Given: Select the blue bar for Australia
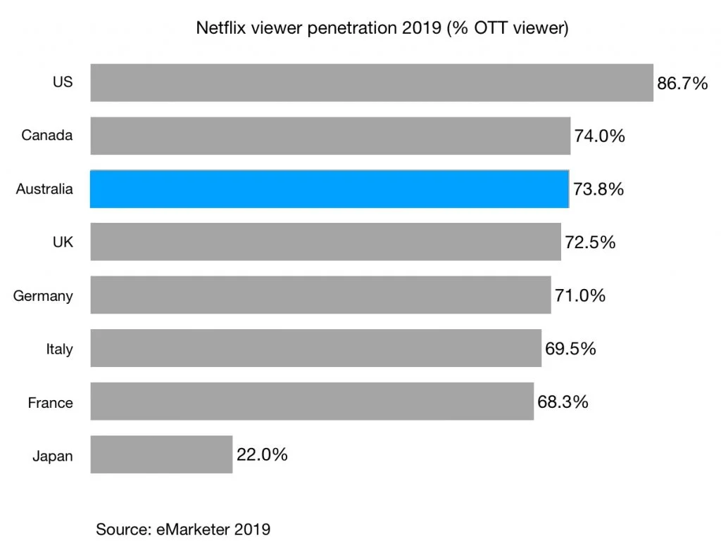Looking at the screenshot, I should [x=330, y=189].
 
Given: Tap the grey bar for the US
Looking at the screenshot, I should [x=372, y=83].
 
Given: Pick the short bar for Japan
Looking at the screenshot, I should [x=161, y=454].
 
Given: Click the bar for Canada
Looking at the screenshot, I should [x=330, y=136].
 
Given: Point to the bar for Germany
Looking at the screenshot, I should [x=320, y=295].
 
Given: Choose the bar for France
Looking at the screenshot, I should [x=312, y=402].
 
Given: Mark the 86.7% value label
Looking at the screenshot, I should [x=682, y=84].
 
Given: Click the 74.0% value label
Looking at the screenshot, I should [x=599, y=136].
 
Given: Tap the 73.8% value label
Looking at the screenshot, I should [x=598, y=190].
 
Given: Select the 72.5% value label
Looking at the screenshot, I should [x=590, y=243].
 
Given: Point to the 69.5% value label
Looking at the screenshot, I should [x=570, y=349].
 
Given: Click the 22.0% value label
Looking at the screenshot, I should [x=262, y=455].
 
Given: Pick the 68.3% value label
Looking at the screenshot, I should [x=563, y=402].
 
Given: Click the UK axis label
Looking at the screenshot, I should [x=63, y=243].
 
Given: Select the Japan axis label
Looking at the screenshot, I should [x=52, y=456].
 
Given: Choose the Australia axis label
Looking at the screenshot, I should [x=44, y=189].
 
